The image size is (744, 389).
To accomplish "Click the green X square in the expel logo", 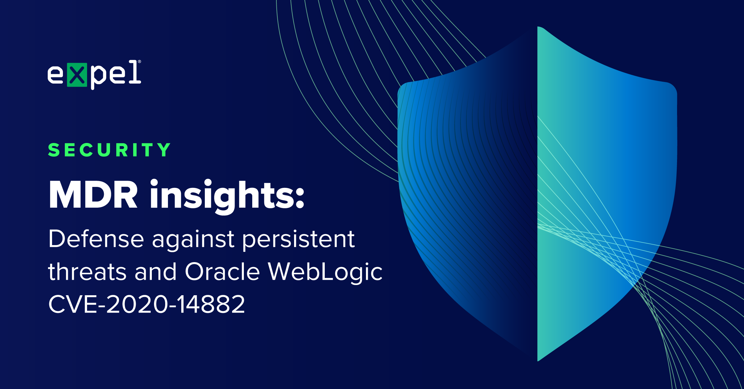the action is (x=77, y=75).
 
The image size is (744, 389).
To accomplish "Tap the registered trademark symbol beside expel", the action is (x=139, y=62).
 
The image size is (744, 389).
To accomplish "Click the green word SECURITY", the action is (x=109, y=150).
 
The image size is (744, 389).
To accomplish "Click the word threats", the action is (x=87, y=271).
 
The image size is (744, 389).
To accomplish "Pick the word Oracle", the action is (x=222, y=271).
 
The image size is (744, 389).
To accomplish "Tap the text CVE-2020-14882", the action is (x=147, y=304).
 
